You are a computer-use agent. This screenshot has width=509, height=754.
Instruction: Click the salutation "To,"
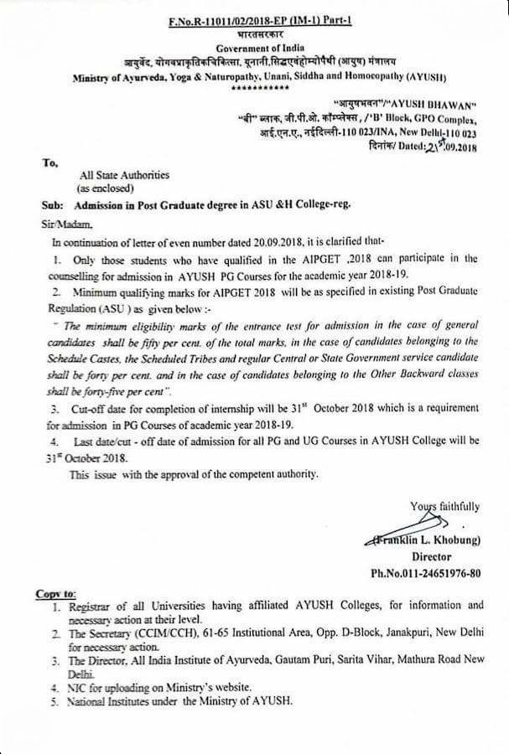tap(49, 163)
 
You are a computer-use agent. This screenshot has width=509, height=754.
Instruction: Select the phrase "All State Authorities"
tap(124, 176)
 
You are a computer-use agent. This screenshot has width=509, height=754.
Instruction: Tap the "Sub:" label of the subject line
tap(50, 205)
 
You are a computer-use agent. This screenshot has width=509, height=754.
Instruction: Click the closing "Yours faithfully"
tap(444, 506)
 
